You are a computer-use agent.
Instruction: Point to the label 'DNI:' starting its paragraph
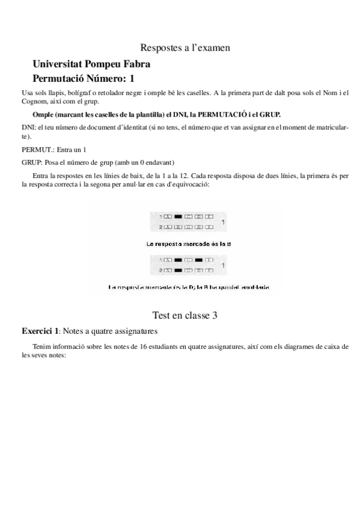pyautogui.click(x=28, y=127)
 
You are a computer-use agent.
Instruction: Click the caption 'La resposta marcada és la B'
pyautogui.click(x=182, y=244)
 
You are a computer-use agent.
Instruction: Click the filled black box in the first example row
pyautogui.click(x=178, y=216)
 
